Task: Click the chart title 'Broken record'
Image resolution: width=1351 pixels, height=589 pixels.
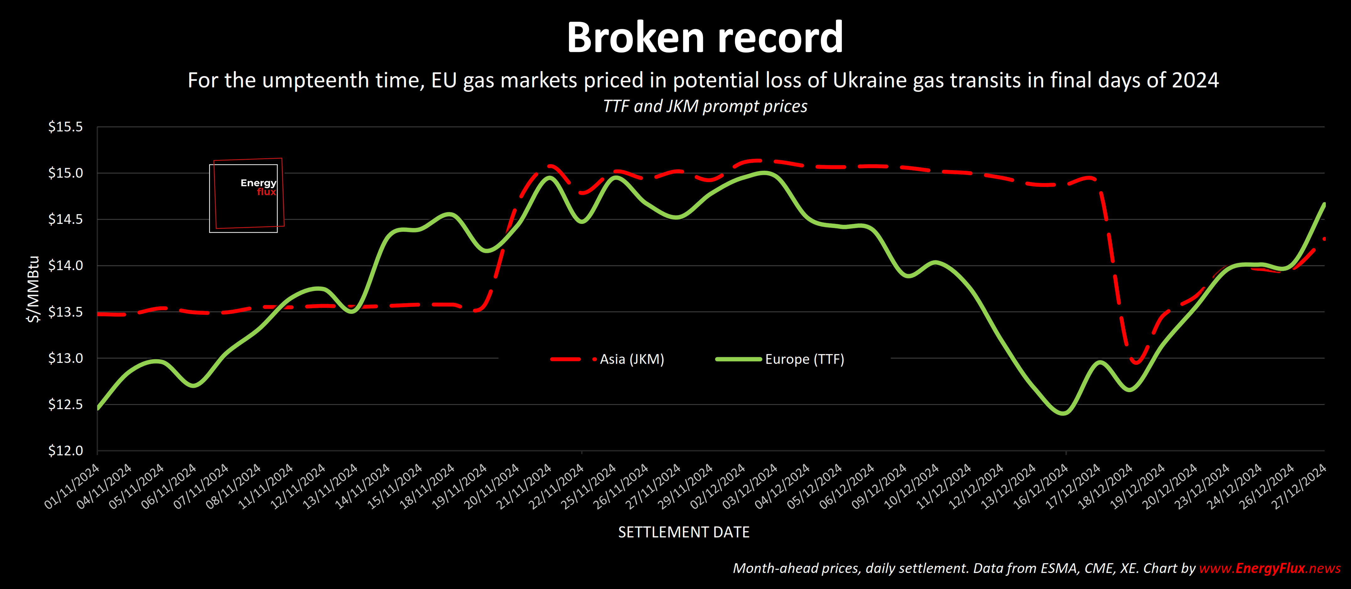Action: tap(704, 38)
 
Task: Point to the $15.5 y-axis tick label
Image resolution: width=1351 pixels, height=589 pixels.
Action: tap(65, 127)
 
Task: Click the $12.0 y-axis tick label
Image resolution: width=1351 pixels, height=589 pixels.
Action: tap(65, 451)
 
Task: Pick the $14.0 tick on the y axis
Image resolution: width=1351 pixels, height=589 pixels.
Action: tap(65, 265)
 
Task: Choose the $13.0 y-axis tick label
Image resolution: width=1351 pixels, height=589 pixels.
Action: tap(65, 358)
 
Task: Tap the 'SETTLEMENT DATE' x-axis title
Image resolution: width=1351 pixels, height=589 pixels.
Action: tap(683, 532)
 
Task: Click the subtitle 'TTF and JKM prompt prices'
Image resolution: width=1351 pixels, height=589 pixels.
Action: tap(704, 107)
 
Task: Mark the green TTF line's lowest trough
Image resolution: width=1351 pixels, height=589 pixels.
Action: tap(1063, 413)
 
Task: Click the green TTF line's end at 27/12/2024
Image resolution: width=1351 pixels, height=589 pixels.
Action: tap(1324, 204)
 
